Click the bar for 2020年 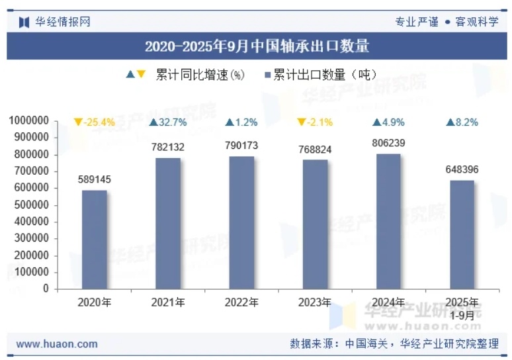click(94, 240)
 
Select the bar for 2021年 click(168, 224)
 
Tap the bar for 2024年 click(389, 222)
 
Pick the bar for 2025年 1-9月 click(462, 235)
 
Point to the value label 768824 click(315, 150)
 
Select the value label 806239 click(389, 142)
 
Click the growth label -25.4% click(95, 122)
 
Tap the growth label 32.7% click(168, 122)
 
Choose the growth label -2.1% click(315, 122)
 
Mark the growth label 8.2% click(462, 122)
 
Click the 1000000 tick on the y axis click(29, 121)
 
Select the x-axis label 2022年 click(241, 302)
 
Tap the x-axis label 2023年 click(315, 302)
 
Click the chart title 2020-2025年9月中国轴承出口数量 click(257, 46)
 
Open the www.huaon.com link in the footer click(57, 344)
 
